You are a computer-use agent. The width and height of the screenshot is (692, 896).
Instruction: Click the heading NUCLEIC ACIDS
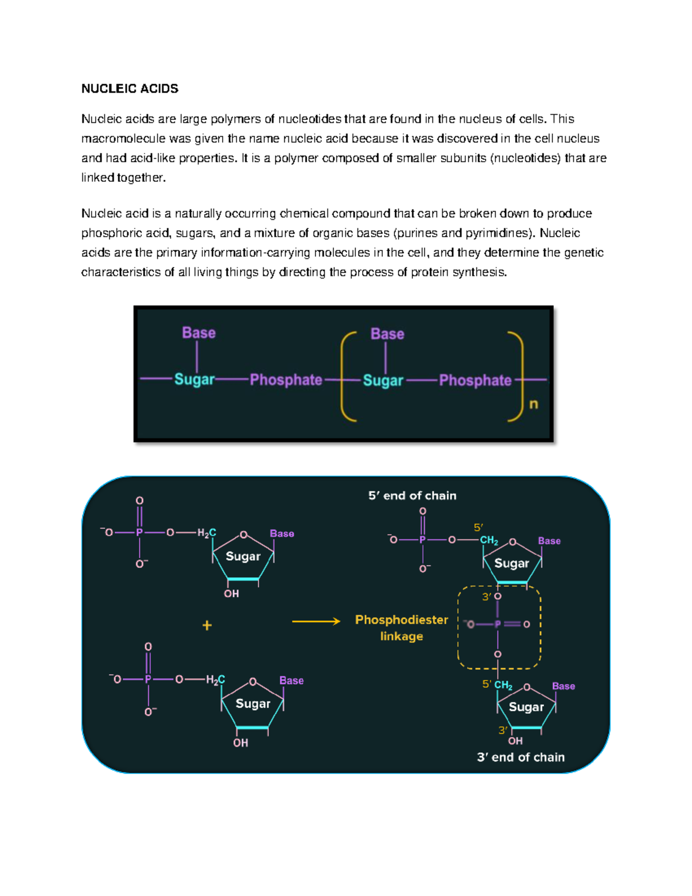[130, 89]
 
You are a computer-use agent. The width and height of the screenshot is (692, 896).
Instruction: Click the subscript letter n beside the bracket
[533, 404]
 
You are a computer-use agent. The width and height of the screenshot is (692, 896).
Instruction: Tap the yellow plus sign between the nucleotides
[207, 625]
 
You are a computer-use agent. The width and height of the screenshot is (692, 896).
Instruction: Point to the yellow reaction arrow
[316, 621]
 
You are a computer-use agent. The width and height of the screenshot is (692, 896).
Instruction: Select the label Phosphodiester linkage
[401, 628]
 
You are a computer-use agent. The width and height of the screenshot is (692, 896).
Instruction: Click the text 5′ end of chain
[412, 496]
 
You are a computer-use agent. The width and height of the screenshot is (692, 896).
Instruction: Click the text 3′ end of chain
[521, 757]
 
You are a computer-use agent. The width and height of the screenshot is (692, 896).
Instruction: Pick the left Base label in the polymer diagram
[198, 333]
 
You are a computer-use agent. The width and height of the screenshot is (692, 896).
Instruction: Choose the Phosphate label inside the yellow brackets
[475, 380]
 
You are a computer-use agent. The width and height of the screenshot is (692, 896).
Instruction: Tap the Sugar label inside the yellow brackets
[383, 381]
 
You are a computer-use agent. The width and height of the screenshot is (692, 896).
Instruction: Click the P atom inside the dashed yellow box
[497, 624]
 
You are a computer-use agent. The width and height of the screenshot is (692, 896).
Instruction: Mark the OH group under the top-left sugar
[231, 594]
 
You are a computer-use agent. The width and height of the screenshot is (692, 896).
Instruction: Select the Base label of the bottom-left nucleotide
[291, 681]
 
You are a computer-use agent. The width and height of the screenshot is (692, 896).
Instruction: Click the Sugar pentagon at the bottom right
[526, 707]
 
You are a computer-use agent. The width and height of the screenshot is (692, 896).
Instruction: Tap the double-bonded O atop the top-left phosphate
[140, 501]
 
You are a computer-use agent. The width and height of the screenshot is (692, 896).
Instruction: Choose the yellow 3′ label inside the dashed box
[487, 597]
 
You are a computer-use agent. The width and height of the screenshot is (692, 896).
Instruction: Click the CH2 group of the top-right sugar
[489, 541]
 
